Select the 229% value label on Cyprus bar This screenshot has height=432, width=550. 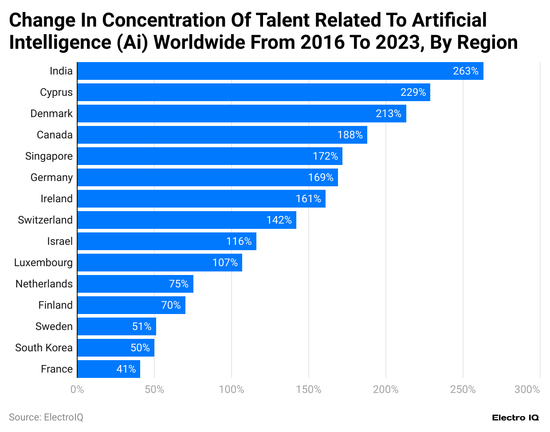click(x=413, y=92)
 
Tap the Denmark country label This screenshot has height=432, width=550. click(x=51, y=114)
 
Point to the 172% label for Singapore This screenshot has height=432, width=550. click(x=325, y=156)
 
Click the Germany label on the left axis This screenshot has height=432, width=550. click(x=51, y=177)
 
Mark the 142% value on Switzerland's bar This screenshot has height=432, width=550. click(x=279, y=220)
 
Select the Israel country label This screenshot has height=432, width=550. click(x=60, y=241)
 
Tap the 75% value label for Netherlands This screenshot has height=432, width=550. click(x=178, y=284)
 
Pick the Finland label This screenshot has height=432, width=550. click(x=55, y=305)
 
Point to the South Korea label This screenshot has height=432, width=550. click(x=44, y=348)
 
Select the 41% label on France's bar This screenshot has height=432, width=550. click(x=126, y=369)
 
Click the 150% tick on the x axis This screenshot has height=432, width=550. click(x=308, y=389)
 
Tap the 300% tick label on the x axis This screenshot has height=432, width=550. click(x=527, y=389)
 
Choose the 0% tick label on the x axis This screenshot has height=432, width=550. click(x=77, y=389)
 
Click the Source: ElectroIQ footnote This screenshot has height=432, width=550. click(x=46, y=417)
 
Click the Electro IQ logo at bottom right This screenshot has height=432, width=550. click(x=515, y=418)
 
